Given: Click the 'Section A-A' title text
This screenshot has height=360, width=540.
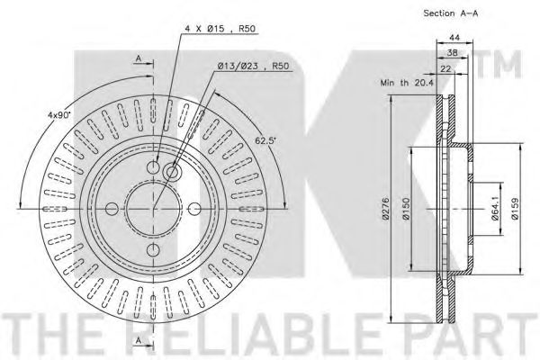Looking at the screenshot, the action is pos(451,13).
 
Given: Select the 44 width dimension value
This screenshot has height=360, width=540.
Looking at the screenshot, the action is pos(454,37).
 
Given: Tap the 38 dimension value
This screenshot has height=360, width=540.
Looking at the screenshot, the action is pos(452,53).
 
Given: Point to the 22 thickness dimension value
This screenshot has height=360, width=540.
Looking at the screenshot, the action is pos(445,69).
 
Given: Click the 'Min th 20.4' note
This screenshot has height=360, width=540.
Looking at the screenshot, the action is pos(407,83).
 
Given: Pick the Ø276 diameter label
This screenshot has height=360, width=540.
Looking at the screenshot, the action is pos(385,209).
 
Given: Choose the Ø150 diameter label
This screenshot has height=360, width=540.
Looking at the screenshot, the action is pos(407,209).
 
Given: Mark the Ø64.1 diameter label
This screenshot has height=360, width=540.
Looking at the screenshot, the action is pos(495,209).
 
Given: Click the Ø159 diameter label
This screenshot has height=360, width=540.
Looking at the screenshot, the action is pos(515,209).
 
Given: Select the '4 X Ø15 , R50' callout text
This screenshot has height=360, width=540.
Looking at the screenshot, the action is pos(220,29).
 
